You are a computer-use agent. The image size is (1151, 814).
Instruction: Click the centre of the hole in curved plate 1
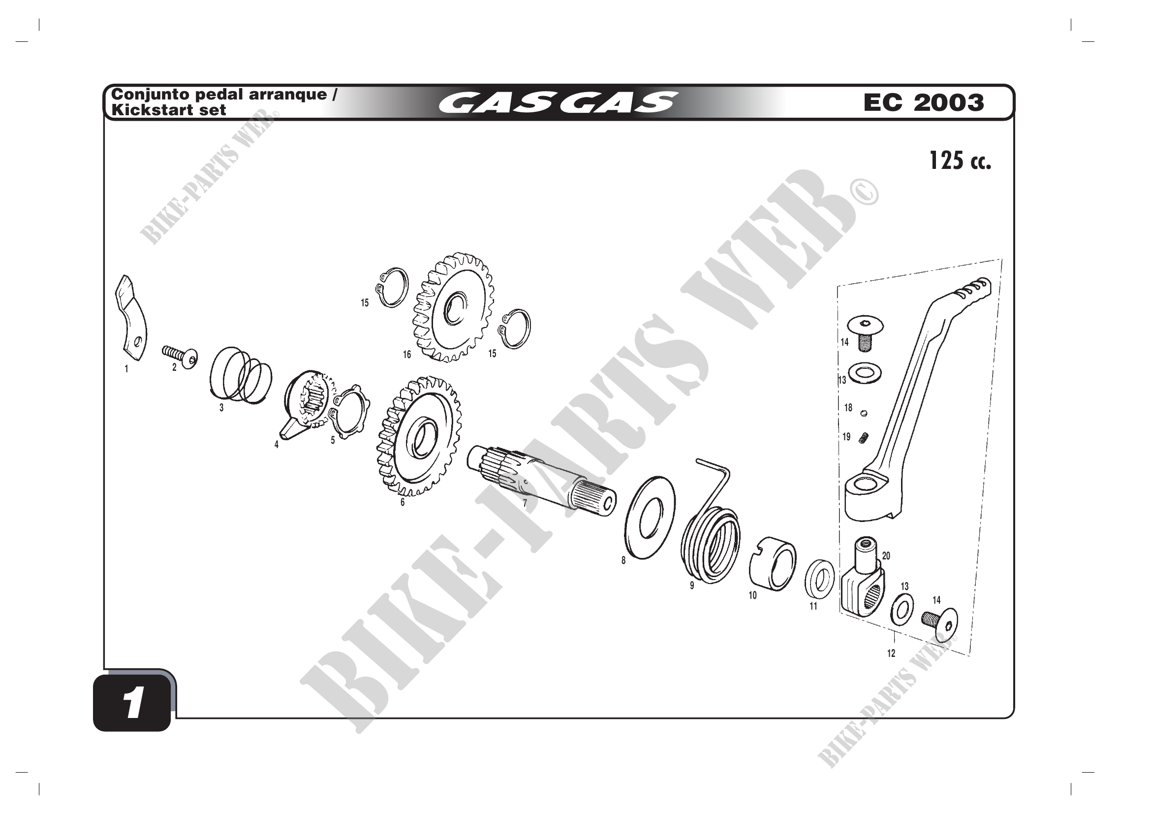(138, 343)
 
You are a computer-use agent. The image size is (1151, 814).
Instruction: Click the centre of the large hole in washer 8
(651, 517)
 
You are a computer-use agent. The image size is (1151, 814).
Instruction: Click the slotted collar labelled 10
(773, 564)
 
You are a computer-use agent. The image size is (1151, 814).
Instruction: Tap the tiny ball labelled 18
(863, 413)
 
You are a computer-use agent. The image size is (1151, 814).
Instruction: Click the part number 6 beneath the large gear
(402, 502)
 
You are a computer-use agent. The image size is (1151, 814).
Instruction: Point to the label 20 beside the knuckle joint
(886, 555)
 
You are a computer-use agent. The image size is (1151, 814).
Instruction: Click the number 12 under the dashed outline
(891, 653)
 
